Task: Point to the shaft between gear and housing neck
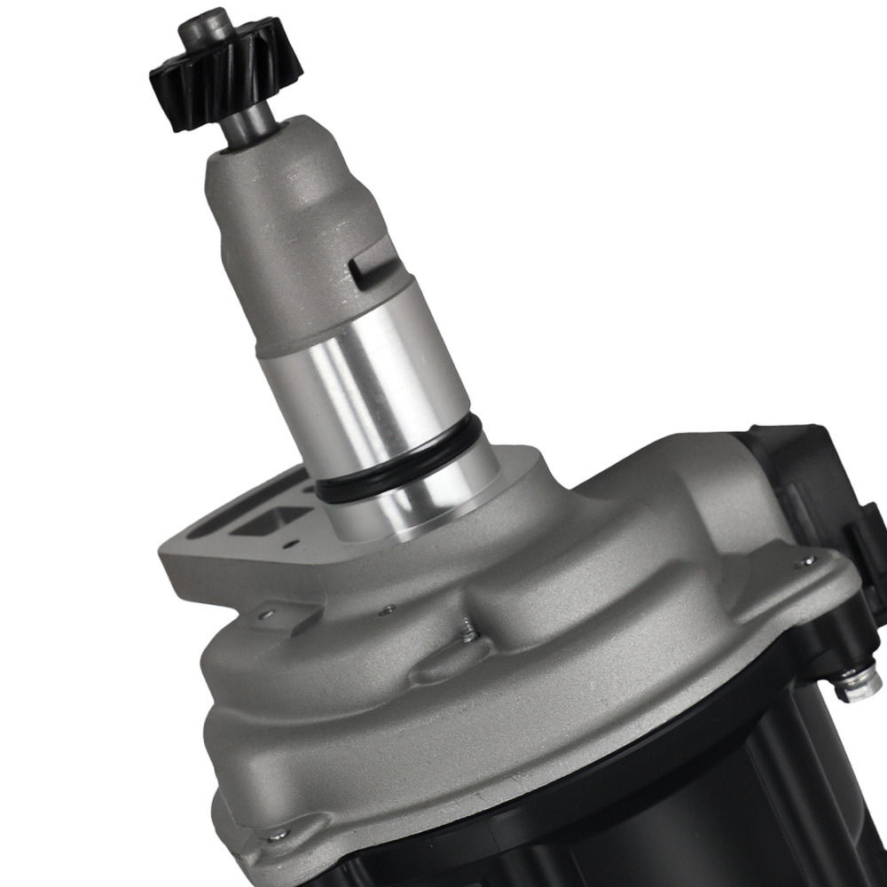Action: [243, 130]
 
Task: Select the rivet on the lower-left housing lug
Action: [278, 835]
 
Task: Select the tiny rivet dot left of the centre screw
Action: [388, 609]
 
